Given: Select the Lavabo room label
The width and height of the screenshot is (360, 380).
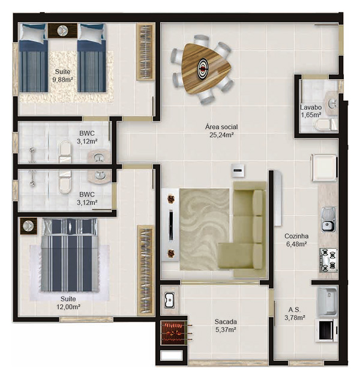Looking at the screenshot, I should pos(311,108).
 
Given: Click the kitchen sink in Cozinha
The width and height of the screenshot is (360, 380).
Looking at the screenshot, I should pos(328,219).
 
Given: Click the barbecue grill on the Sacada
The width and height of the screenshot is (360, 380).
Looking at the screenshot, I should pos(175,331).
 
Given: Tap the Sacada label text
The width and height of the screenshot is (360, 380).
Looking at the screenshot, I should pos(226,321).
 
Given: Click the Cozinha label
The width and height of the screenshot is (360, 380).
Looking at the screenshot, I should pos(296,236).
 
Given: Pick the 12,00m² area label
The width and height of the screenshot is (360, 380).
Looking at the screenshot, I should pos(68,306).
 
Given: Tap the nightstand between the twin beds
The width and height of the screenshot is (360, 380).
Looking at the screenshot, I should pos(62,30).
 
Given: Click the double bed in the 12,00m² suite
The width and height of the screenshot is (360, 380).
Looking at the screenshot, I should pos(68,255).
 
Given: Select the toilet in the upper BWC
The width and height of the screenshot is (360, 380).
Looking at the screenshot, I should pos(65,151).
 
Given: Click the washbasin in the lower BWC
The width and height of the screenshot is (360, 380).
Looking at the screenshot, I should pos(100,175).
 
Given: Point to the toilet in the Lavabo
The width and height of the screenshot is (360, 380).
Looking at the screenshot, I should pos(325,124).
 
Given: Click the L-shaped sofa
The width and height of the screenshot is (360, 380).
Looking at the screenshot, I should pos(249,228).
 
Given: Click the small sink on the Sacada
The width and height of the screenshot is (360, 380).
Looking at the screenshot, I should pos(169,299).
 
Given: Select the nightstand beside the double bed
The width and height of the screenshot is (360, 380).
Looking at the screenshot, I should pos(28,226).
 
